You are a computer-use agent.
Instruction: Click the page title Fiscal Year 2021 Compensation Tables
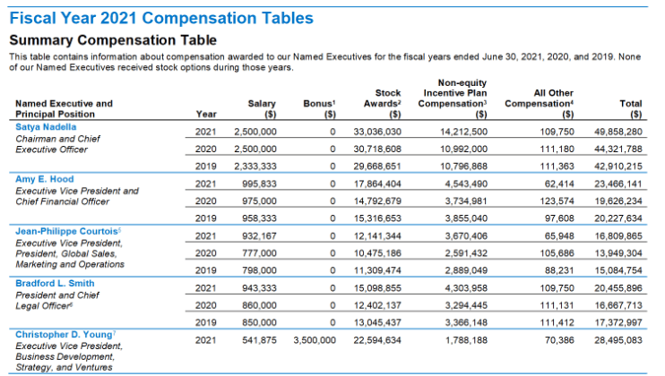point(161,17)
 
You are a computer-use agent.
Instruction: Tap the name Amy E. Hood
point(45,180)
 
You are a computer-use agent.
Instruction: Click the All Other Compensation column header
point(539,103)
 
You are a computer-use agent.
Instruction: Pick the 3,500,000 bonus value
point(312,340)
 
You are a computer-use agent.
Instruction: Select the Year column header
point(205,115)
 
